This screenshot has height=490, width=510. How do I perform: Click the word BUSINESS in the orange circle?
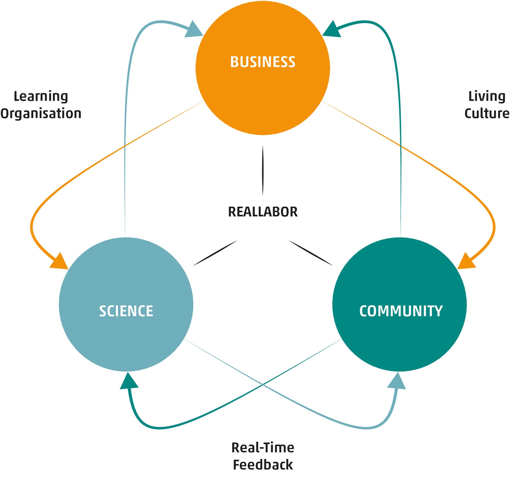[263, 62]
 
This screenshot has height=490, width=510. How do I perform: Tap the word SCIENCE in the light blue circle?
[126, 311]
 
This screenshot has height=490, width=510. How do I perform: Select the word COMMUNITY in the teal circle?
[401, 311]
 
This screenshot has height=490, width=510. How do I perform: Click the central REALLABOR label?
[263, 212]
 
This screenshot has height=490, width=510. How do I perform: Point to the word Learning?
[41, 96]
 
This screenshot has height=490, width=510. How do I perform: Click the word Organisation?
[41, 114]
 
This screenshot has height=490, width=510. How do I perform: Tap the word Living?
[487, 96]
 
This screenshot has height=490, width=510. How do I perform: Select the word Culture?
[487, 114]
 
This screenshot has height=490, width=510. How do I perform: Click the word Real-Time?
[263, 448]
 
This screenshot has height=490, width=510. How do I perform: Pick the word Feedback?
[263, 465]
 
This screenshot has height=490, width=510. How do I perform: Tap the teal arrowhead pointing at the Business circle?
[332, 30]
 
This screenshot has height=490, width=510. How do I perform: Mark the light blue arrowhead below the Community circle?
[397, 381]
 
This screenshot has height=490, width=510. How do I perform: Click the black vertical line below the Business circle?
[263, 170]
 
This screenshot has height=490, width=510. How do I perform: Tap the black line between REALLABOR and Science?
[215, 253]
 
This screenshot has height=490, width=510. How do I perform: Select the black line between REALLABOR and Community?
[310, 253]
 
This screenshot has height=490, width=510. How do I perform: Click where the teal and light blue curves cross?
[263, 385]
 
